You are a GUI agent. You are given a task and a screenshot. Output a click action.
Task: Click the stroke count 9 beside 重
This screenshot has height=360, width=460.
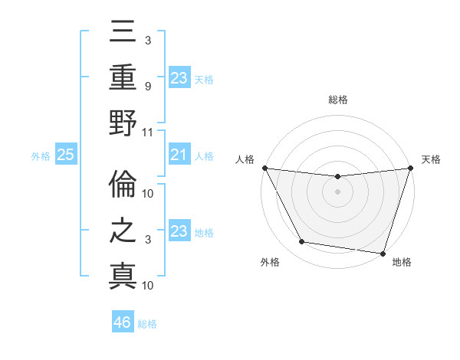[148, 87]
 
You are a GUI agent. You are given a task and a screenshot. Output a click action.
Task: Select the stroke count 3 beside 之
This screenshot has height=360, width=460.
[148, 240]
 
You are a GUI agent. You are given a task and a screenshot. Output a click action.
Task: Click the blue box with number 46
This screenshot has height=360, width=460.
[122, 322]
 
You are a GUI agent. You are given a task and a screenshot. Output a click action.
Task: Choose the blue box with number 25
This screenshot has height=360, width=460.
[65, 155]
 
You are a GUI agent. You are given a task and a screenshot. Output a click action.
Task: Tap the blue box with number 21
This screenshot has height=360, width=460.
[178, 155]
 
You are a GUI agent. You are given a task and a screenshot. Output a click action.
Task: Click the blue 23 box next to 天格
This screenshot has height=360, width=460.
[178, 77]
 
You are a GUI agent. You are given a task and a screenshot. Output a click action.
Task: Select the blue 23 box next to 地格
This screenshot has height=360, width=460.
[178, 232]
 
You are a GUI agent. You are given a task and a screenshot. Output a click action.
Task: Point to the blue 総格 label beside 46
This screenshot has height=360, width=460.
[147, 324]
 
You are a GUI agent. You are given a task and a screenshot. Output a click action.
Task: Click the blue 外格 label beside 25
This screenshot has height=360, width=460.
[40, 156]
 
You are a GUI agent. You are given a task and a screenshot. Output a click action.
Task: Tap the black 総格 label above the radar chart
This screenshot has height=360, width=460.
[337, 100]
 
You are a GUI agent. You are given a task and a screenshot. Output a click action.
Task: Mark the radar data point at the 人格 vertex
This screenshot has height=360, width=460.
[264, 168]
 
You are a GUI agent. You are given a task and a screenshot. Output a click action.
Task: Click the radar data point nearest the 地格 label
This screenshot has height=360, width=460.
[383, 253]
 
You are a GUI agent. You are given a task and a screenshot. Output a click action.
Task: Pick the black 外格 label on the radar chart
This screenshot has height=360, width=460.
[269, 262]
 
